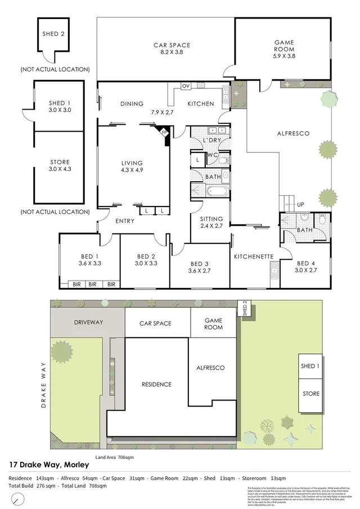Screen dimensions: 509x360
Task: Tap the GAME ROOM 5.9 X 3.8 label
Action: coord(284,49)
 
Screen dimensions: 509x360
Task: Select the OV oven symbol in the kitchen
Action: coord(185,86)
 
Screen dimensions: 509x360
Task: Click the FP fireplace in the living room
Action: coord(164,134)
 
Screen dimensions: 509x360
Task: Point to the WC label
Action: coord(212,154)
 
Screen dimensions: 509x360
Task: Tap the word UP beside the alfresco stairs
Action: coord(300,205)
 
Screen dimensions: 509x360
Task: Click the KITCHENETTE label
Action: coord(254,256)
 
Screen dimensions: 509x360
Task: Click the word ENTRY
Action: coord(124,221)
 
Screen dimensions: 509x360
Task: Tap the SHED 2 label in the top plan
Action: coord(53,33)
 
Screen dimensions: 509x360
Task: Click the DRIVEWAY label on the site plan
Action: coord(88,323)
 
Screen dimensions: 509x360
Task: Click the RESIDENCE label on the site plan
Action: coord(156,385)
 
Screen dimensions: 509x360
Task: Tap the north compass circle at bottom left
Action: coord(19,498)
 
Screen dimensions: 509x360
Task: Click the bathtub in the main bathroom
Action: coord(217,192)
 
